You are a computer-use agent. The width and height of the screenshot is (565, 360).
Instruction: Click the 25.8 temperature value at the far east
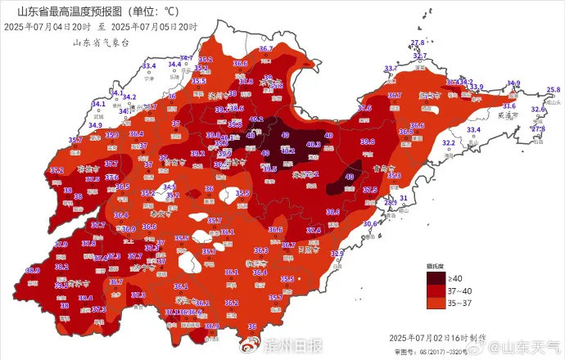click(554, 89)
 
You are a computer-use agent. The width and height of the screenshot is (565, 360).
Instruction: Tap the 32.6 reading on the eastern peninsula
click(538, 109)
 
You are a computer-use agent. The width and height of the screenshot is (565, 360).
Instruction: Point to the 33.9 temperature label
click(476, 87)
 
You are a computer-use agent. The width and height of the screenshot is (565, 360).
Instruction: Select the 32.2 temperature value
click(449, 142)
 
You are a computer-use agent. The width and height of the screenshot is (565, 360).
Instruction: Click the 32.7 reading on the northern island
click(419, 56)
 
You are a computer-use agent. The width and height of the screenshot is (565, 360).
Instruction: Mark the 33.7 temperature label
click(391, 69)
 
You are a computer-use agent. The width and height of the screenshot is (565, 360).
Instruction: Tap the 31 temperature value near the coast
click(404, 198)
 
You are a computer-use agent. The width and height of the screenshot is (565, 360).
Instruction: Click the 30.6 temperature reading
click(370, 223)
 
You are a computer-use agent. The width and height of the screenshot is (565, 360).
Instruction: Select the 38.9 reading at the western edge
click(33, 270)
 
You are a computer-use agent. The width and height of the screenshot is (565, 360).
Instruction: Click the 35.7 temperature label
click(76, 140)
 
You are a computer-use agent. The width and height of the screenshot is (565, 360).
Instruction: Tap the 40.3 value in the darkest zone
click(313, 144)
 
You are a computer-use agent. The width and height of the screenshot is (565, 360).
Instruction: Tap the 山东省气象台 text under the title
click(100, 42)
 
